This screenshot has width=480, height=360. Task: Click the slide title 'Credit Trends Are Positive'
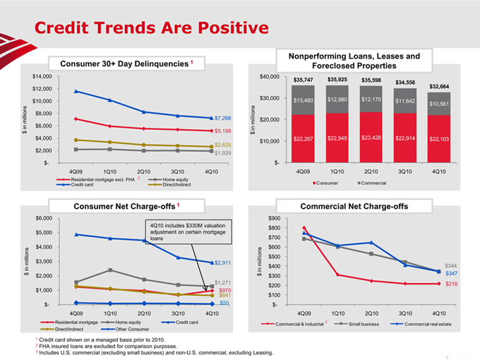(152, 28)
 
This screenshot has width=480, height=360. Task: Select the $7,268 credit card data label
(223, 118)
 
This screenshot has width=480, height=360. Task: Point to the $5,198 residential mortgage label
(223, 131)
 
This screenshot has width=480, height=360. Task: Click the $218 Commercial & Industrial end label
(452, 284)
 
